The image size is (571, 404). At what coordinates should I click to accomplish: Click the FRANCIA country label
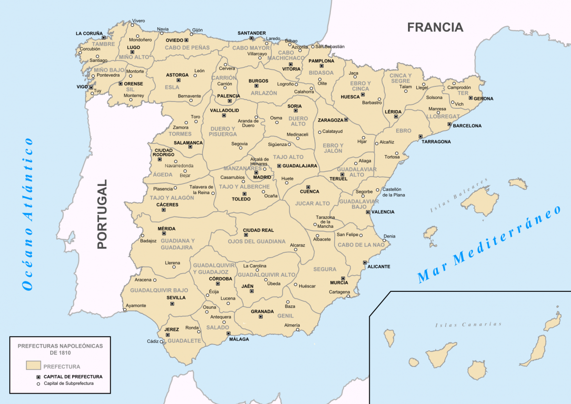[x=435, y=27]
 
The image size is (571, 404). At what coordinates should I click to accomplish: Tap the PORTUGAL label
[x=102, y=214]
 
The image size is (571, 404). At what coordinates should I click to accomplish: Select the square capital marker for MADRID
[x=256, y=172]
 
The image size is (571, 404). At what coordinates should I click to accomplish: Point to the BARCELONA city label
[x=467, y=126]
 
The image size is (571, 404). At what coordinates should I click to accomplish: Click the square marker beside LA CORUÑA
[x=103, y=38]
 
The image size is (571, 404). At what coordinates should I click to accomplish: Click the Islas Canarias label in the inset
[x=468, y=324]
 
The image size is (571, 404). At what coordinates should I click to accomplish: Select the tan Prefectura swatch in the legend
[x=33, y=365]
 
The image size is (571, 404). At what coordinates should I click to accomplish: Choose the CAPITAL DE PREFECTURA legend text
[x=73, y=377]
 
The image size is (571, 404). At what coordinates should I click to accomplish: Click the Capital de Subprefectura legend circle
[x=38, y=384]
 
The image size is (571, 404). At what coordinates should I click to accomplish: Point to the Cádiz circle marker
[x=162, y=342]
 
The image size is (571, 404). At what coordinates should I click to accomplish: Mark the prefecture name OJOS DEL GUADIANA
[x=256, y=242]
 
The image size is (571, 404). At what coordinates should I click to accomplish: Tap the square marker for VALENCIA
[x=367, y=212]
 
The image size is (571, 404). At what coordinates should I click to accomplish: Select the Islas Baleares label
[x=458, y=196]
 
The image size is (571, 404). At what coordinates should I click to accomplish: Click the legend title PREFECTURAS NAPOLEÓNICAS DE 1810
[x=60, y=348]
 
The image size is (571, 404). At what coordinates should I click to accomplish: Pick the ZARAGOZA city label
[x=330, y=120]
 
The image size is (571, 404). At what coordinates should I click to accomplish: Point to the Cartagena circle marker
[x=348, y=296]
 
